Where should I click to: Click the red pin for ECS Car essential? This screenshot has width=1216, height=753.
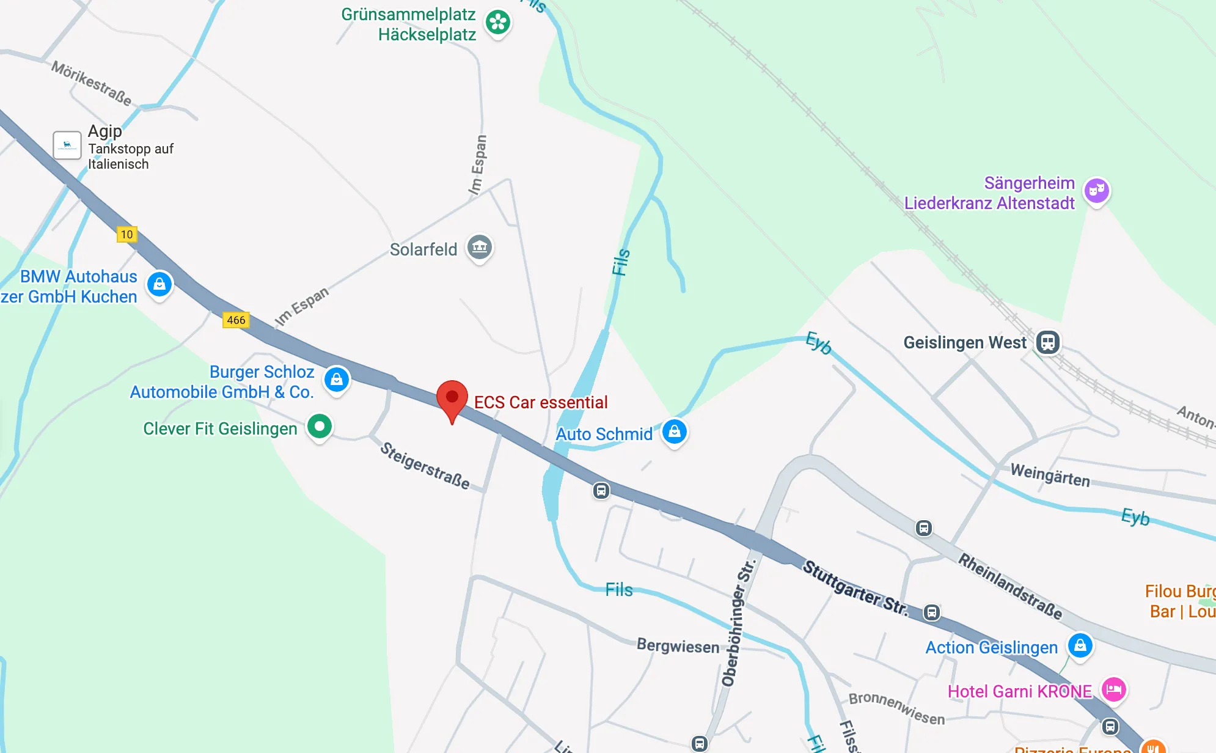coord(452,398)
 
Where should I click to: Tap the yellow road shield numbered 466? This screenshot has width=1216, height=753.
coord(236,320)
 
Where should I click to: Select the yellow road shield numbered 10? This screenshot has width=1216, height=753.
coord(126,234)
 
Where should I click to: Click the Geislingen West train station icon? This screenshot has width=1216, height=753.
coord(1047,342)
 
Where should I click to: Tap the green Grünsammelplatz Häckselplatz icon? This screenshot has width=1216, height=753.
coord(498,23)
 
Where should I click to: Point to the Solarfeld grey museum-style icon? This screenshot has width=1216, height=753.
coord(480,248)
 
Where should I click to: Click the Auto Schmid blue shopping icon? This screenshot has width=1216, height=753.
coord(675,432)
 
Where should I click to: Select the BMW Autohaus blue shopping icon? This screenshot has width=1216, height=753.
coord(159,284)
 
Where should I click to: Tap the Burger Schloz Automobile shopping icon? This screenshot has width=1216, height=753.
coord(337,380)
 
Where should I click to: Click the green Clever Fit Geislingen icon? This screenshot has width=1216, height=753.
coord(320,427)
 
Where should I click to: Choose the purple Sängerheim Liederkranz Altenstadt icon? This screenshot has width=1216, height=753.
coord(1096,191)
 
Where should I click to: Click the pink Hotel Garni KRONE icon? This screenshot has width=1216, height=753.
coord(1113,690)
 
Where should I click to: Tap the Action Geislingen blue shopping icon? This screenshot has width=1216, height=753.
coord(1080,645)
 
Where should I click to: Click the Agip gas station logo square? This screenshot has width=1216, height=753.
coord(67,145)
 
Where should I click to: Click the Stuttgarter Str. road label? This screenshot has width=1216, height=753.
coord(855,588)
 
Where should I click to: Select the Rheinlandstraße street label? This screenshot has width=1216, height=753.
coord(1009,586)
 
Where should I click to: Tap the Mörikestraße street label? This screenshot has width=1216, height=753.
coord(91,83)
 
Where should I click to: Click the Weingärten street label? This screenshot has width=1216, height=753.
coord(1050,475)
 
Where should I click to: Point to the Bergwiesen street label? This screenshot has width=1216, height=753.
coord(678,645)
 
